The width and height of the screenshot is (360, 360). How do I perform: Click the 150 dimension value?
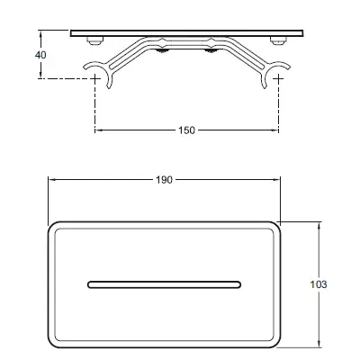tap(186, 130)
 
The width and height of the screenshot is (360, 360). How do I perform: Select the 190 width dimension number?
tap(165, 180)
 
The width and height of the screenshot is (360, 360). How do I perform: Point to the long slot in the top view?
tap(164, 284)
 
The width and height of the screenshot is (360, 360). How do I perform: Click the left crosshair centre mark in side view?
tap(95, 78)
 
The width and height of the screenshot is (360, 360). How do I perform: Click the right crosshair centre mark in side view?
tap(276, 78)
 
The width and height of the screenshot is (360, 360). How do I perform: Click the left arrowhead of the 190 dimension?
tap(51, 180)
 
